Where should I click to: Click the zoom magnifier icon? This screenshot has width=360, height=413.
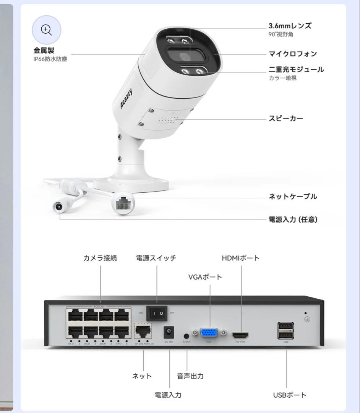[46, 30]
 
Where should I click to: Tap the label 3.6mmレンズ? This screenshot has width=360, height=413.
[290, 26]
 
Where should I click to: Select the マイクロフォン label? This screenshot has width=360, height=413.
[293, 54]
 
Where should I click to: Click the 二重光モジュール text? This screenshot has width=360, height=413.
[296, 70]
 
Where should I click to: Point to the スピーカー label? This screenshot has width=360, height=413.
[286, 119]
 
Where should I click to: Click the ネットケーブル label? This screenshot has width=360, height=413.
[293, 197]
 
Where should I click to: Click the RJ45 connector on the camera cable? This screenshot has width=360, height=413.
[123, 203]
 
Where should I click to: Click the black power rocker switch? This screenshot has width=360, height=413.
[157, 313]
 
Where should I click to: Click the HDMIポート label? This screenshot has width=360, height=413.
[241, 258]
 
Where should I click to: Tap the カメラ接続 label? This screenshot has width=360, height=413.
[100, 258]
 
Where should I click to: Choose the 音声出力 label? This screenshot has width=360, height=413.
[190, 376]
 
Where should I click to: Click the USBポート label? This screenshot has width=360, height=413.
[290, 395]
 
